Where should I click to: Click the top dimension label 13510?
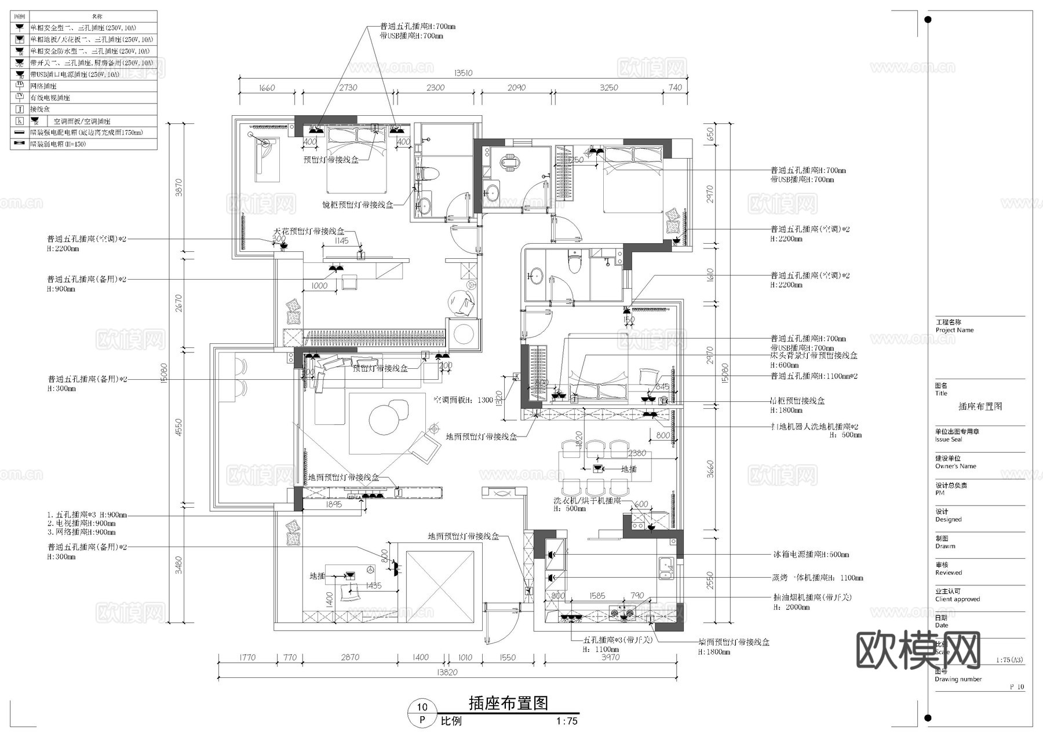pyautogui.click(x=463, y=73)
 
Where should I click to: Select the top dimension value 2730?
pyautogui.click(x=348, y=87)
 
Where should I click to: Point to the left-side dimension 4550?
pyautogui.click(x=178, y=427)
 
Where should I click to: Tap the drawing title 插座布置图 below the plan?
pyautogui.click(x=508, y=703)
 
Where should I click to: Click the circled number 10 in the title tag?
pyautogui.click(x=422, y=706)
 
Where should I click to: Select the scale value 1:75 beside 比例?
pyautogui.click(x=567, y=721)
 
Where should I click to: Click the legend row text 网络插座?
pyautogui.click(x=43, y=86)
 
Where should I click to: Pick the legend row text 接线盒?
pyautogui.click(x=40, y=109)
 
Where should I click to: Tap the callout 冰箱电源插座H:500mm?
pyautogui.click(x=811, y=555)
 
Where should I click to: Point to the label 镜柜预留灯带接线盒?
pyautogui.click(x=358, y=205)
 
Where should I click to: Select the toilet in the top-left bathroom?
pyautogui.click(x=430, y=173)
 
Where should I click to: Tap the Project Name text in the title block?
pyautogui.click(x=954, y=330)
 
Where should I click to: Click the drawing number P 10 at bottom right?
pyautogui.click(x=1017, y=687)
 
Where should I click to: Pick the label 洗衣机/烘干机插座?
pyautogui.click(x=587, y=501)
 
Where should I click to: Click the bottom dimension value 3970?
pyautogui.click(x=610, y=657)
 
